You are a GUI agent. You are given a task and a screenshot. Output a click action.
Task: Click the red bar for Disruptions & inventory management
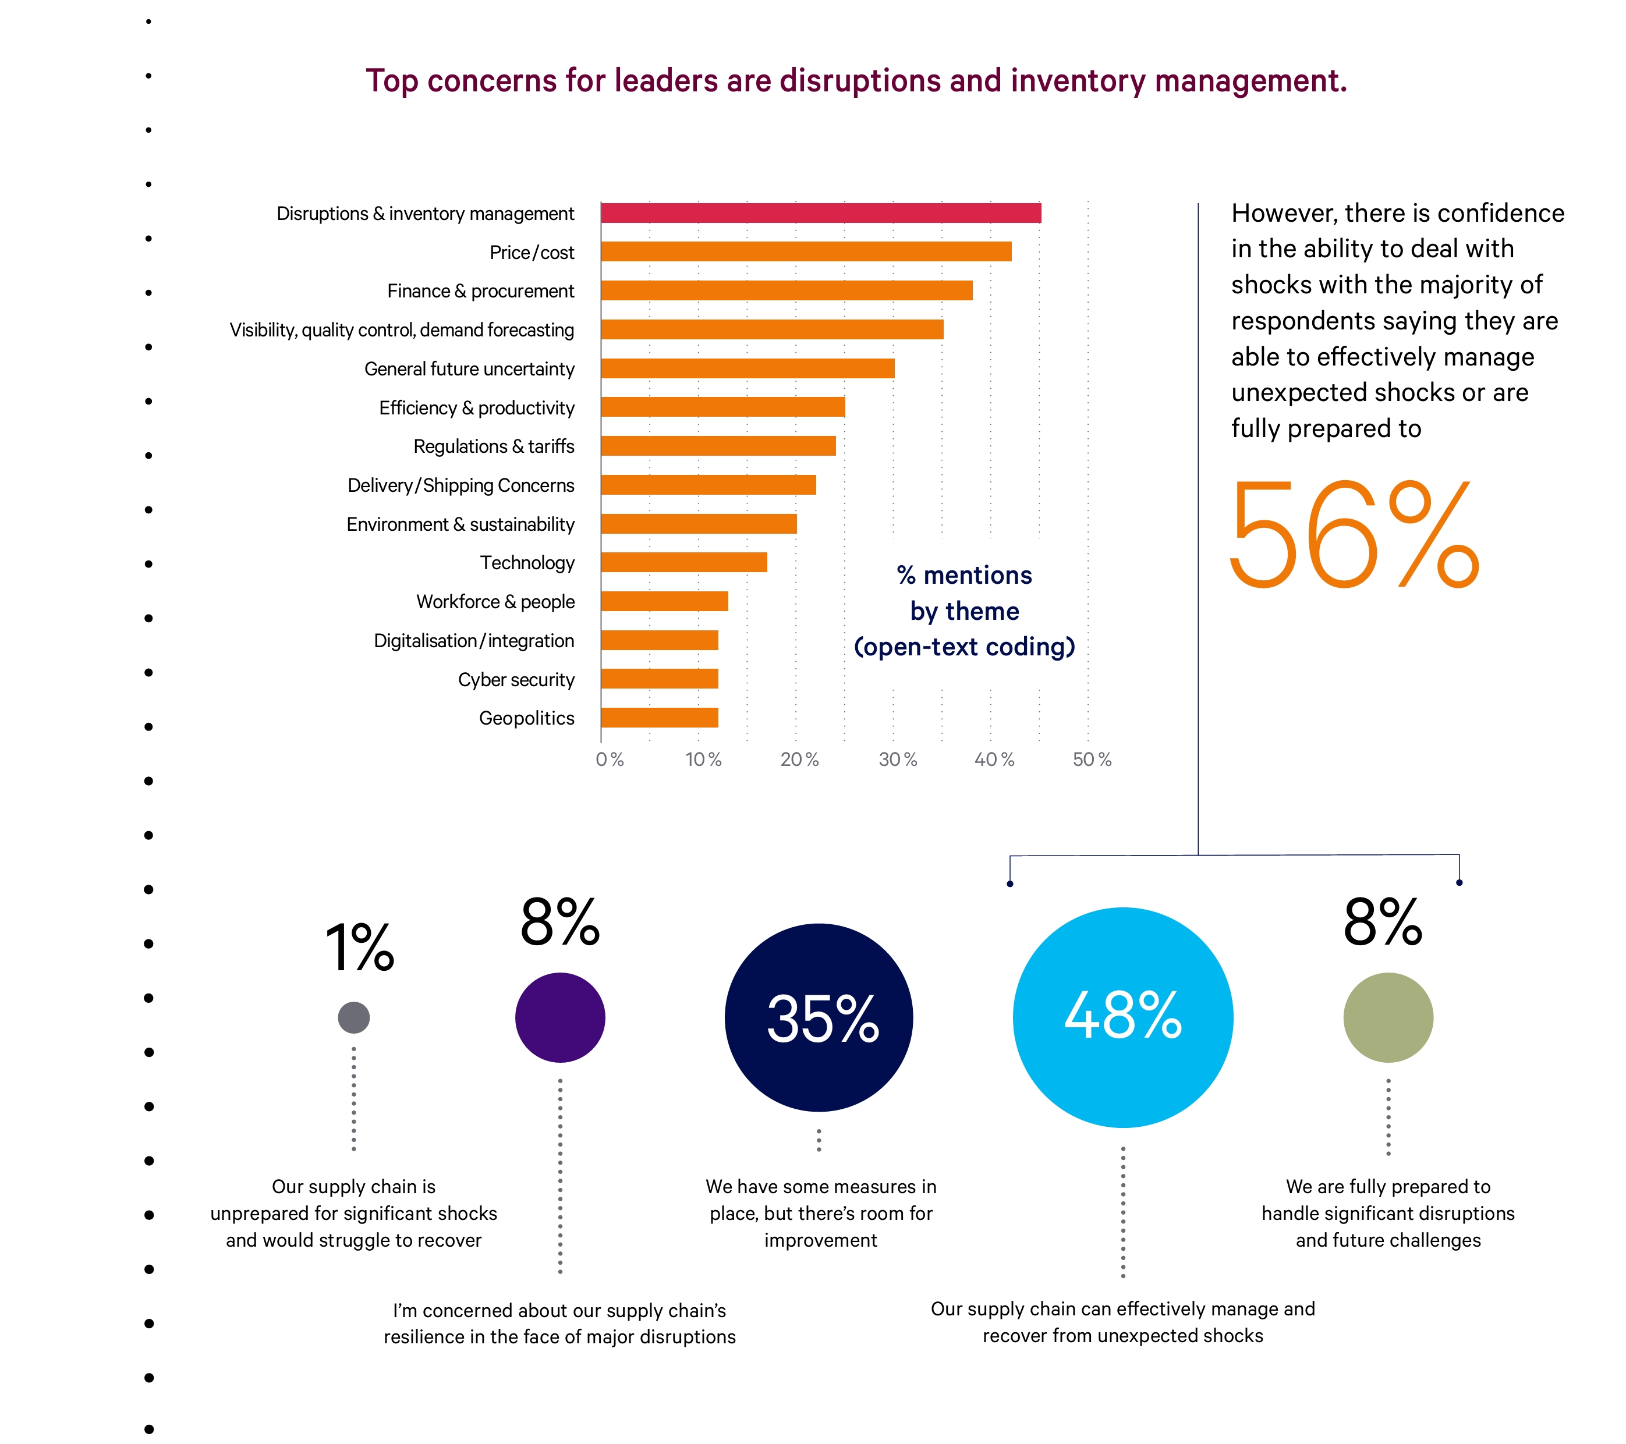tap(820, 213)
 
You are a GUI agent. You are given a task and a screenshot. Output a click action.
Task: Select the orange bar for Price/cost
tap(806, 251)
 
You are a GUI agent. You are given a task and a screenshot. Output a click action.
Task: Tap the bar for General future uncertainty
tap(748, 368)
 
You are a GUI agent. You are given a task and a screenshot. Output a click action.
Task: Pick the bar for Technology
tap(684, 563)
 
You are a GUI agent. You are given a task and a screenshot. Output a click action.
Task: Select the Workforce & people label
tap(495, 602)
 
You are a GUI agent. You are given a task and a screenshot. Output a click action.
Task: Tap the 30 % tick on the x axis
tap(897, 760)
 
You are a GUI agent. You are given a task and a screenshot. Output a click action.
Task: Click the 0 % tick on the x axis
tap(610, 760)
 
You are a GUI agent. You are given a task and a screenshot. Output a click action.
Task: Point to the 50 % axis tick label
tap(1092, 760)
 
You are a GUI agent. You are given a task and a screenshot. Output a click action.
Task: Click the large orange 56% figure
tap(1354, 534)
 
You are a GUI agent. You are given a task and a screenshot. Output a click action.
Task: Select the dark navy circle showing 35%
tap(819, 1018)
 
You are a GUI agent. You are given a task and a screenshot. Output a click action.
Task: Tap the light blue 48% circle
tap(1122, 1018)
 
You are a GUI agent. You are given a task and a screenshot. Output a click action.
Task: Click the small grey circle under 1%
tap(353, 1018)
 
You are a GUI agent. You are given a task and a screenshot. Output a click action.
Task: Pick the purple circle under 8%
tap(560, 1018)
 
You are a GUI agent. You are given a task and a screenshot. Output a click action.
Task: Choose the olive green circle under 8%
tap(1388, 1018)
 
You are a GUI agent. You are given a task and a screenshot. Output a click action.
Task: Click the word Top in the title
tap(392, 81)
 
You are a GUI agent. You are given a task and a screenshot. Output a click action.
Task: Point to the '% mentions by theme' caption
tap(964, 611)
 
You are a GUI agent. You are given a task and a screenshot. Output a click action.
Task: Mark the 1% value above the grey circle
tap(360, 948)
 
